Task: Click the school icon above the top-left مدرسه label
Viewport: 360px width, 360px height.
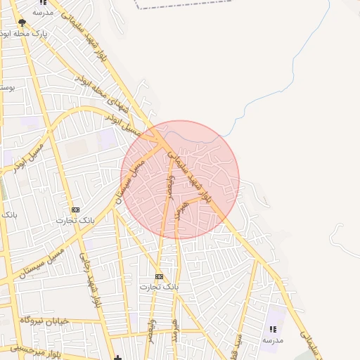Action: [x=43, y=3]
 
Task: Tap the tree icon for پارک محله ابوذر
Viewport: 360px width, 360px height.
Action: [x=22, y=23]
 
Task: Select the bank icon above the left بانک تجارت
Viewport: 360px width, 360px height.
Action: [x=75, y=210]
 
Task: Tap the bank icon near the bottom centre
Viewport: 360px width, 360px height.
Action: [x=159, y=276]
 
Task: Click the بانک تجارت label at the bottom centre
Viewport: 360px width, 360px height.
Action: [x=159, y=287]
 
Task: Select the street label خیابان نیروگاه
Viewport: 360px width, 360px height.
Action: [x=44, y=320]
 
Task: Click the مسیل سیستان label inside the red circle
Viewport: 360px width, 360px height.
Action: [x=132, y=179]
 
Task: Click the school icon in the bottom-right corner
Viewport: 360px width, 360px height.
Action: [x=273, y=329]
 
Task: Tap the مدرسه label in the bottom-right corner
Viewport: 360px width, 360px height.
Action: [x=273, y=340]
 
